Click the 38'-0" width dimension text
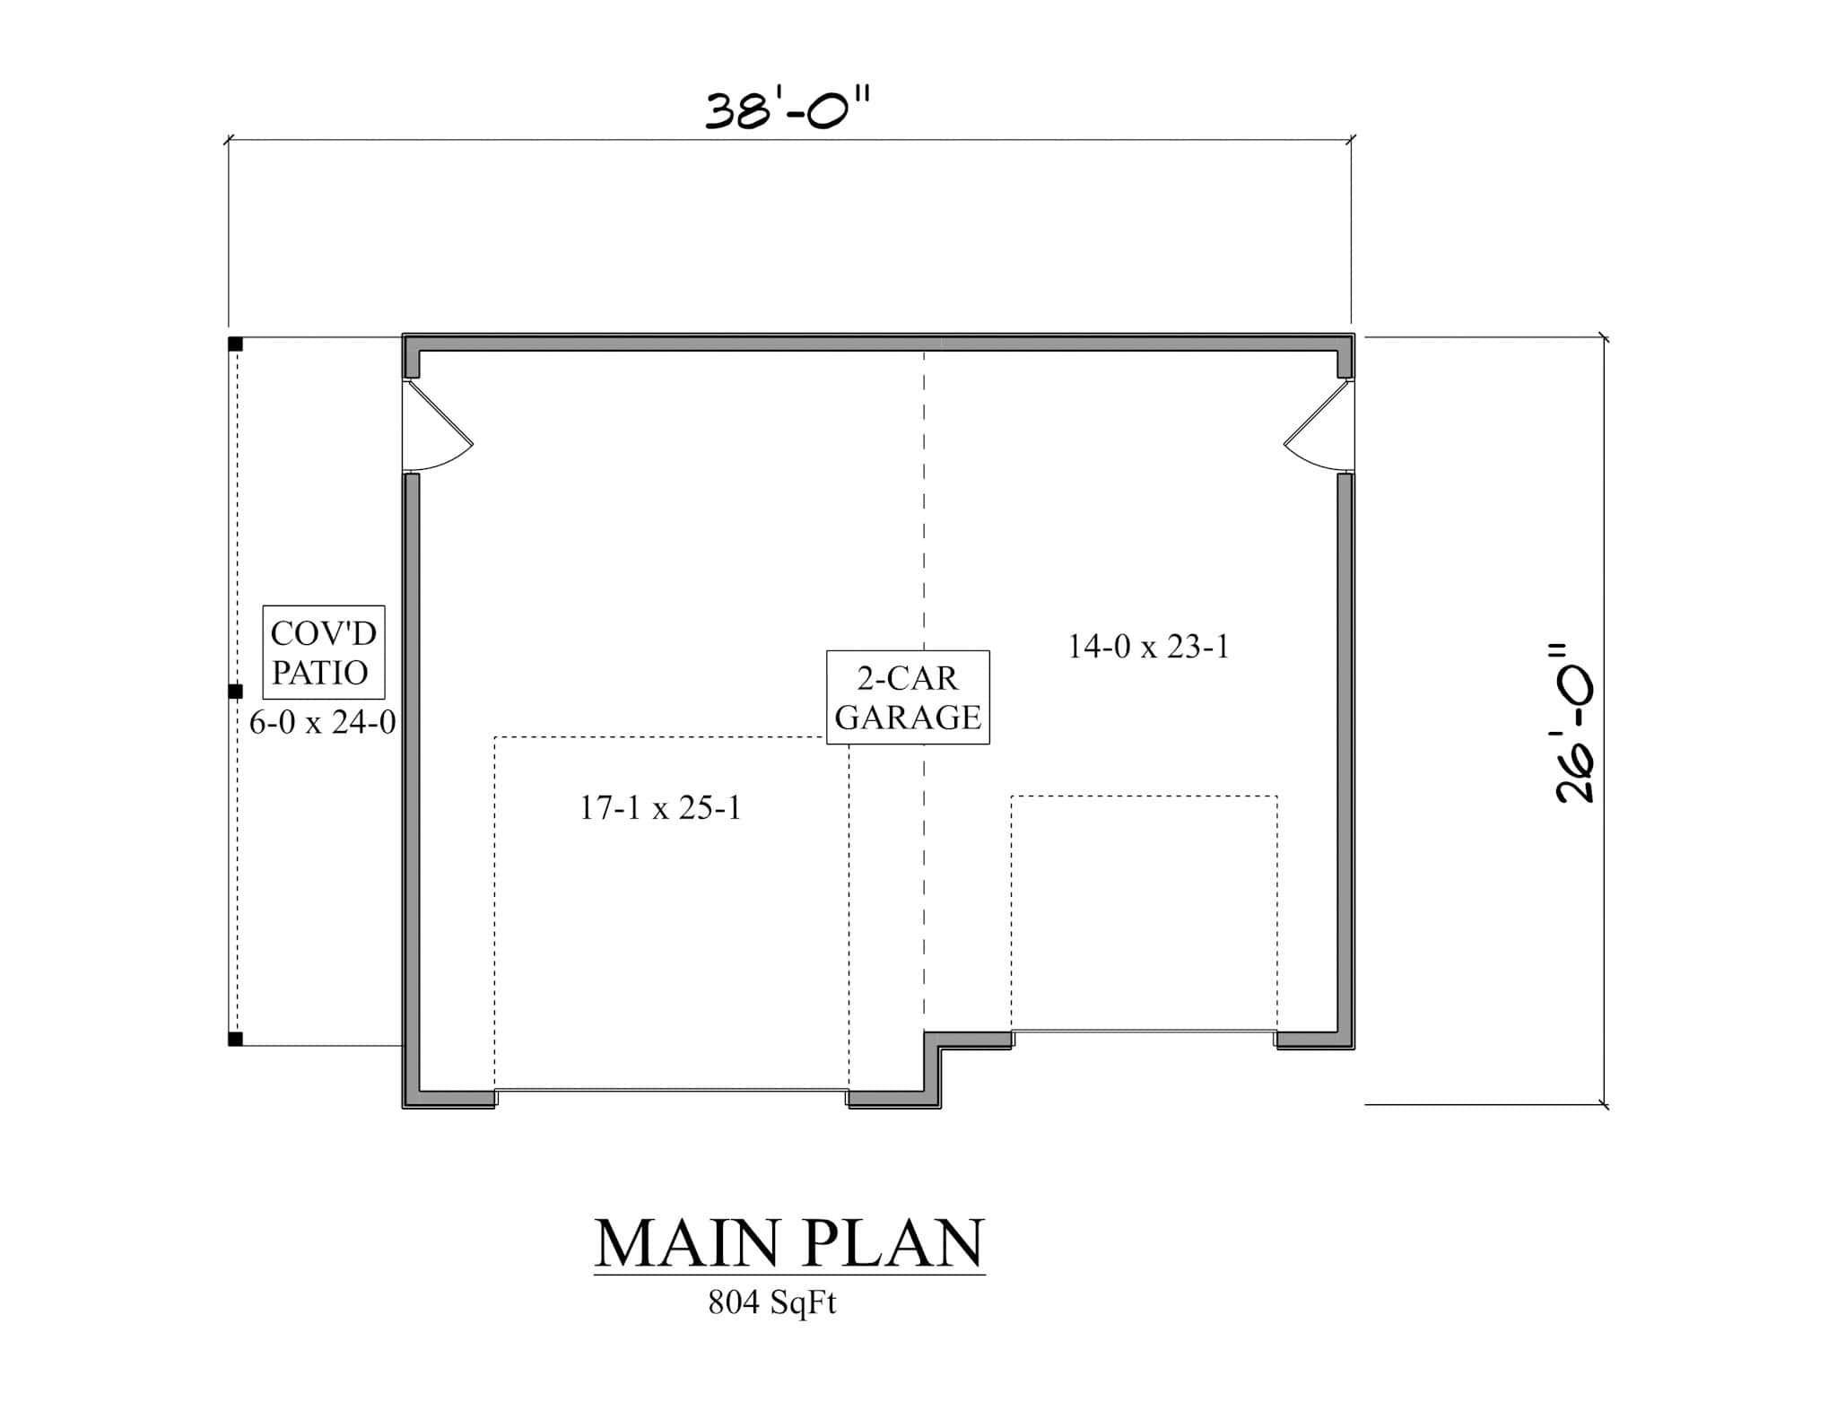tap(788, 111)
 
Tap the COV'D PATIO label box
tap(323, 652)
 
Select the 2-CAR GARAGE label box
tap(907, 697)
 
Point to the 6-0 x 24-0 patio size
tap(322, 722)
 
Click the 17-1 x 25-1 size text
tap(660, 808)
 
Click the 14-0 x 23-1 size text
tap(1148, 646)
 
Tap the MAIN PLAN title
tap(789, 1242)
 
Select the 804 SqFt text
tap(771, 1302)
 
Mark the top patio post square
tap(235, 344)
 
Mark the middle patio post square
tap(235, 691)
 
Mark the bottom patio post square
tap(235, 1040)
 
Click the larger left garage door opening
tap(671, 1091)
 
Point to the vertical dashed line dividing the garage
tap(924, 538)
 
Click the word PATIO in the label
tap(320, 673)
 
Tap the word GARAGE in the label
tap(908, 718)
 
